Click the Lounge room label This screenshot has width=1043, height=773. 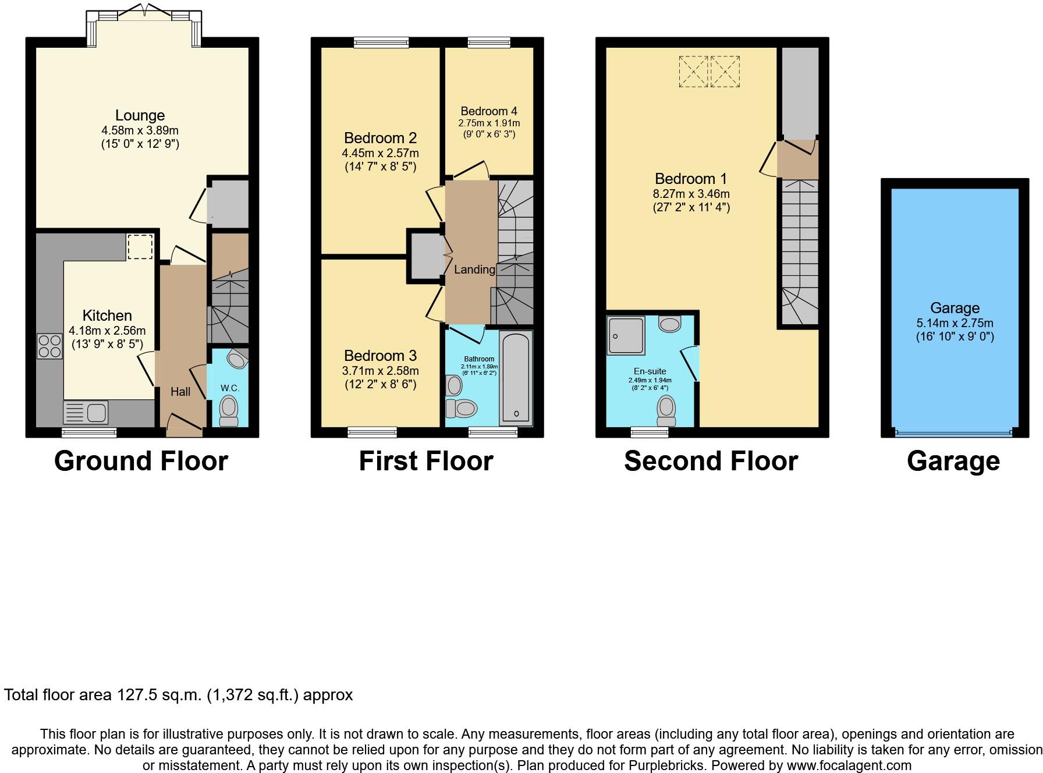(140, 115)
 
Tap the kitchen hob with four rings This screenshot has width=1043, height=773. (49, 346)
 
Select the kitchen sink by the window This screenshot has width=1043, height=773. (86, 413)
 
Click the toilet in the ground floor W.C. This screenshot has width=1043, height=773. (229, 409)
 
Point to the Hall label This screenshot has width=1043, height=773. (180, 392)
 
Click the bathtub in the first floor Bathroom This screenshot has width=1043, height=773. (516, 377)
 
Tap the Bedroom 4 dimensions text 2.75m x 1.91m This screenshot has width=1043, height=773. (489, 123)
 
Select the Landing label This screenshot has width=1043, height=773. (474, 270)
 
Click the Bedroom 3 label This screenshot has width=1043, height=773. (380, 356)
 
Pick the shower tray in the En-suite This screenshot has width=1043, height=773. (626, 336)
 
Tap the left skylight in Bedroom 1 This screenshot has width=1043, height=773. (694, 72)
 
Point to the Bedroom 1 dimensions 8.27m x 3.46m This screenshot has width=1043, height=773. (691, 194)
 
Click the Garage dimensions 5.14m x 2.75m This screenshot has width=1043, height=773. (955, 323)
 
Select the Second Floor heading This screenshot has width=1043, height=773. (711, 461)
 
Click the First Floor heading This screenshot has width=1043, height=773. (426, 461)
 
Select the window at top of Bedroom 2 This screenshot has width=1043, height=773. (381, 42)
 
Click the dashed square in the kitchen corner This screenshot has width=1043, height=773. (140, 246)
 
